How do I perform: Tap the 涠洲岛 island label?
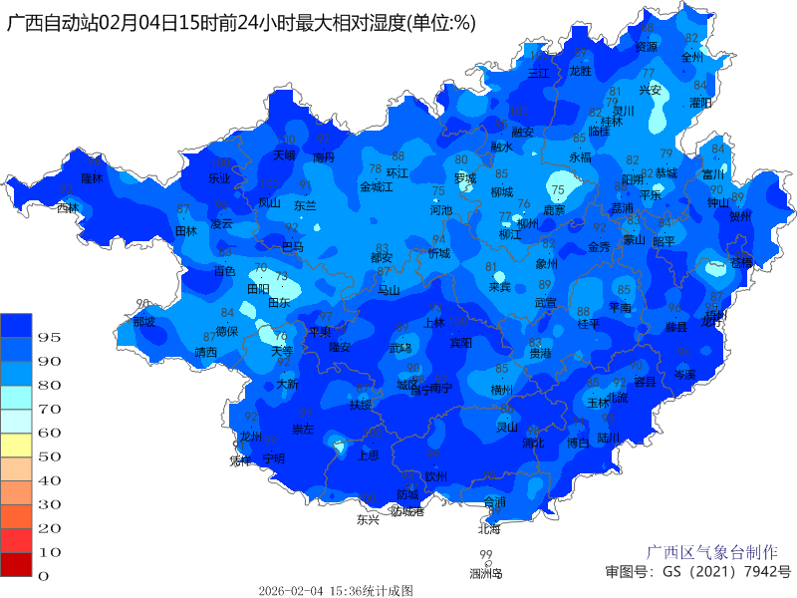pyautogui.click(x=486, y=573)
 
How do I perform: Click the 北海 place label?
pyautogui.click(x=489, y=528)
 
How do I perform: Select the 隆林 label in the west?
pyautogui.click(x=92, y=177)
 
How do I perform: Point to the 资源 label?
pyautogui.click(x=647, y=46)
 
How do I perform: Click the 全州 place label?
pyautogui.click(x=692, y=57)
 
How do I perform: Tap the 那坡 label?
pyautogui.click(x=144, y=321)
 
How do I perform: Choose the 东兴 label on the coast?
pyautogui.click(x=368, y=519)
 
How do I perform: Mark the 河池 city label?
pyautogui.click(x=440, y=210)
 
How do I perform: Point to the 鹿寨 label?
pyautogui.click(x=554, y=210)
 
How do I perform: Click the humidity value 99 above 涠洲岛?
pyautogui.click(x=486, y=555)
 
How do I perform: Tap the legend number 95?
pyautogui.click(x=50, y=338)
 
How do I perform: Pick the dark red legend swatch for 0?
pyautogui.click(x=17, y=564)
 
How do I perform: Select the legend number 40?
pyautogui.click(x=50, y=480)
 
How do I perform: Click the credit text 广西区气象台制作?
pyautogui.click(x=712, y=552)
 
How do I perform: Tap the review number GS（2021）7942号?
pyautogui.click(x=697, y=572)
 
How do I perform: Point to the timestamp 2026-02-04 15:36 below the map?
pyautogui.click(x=336, y=591)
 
